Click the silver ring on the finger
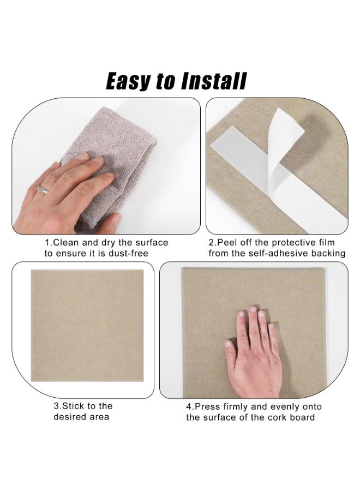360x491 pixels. pos(43,190)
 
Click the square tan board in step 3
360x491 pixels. pos(87,325)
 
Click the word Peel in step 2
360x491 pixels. pos(227,243)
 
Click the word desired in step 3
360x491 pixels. pos(69,417)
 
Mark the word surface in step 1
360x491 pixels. pos(152,243)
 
